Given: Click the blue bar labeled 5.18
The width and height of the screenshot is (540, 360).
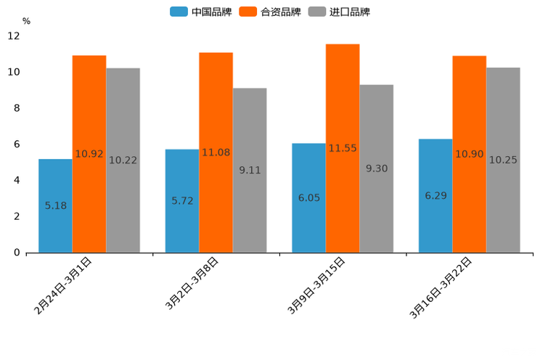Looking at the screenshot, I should (x=55, y=205).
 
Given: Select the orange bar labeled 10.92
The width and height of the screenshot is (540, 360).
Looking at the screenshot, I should (x=89, y=154).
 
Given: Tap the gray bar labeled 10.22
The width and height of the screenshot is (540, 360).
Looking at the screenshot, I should (x=123, y=160).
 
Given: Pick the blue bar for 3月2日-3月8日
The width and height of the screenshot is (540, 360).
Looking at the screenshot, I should (x=182, y=201).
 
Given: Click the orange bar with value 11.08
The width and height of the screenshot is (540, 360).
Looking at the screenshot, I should (x=216, y=152).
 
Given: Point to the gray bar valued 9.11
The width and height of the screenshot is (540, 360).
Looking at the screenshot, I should (x=250, y=170).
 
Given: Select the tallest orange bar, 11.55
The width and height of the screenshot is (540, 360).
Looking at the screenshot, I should (x=343, y=148).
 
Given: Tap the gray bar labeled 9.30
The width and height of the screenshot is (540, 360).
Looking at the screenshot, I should (x=377, y=168).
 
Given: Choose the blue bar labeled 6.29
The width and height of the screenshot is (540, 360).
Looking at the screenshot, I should (x=435, y=196).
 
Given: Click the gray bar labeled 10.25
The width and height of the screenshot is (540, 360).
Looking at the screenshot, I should (x=503, y=160).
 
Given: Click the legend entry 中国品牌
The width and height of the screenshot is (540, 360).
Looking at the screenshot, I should (x=201, y=12).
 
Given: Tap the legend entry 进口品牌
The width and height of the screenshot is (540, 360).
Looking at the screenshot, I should (x=339, y=12).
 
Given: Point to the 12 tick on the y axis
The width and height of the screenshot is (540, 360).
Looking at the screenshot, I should (x=14, y=36).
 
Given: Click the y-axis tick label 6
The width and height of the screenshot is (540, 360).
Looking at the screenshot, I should (x=17, y=144).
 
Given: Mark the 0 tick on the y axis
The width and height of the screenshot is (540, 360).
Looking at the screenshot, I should (x=17, y=253).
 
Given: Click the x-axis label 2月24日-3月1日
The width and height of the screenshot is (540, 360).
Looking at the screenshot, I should (x=64, y=286).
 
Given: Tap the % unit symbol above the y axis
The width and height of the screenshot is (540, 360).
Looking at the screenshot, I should (x=26, y=21).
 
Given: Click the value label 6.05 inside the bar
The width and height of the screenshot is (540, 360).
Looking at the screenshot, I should (x=308, y=197).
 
